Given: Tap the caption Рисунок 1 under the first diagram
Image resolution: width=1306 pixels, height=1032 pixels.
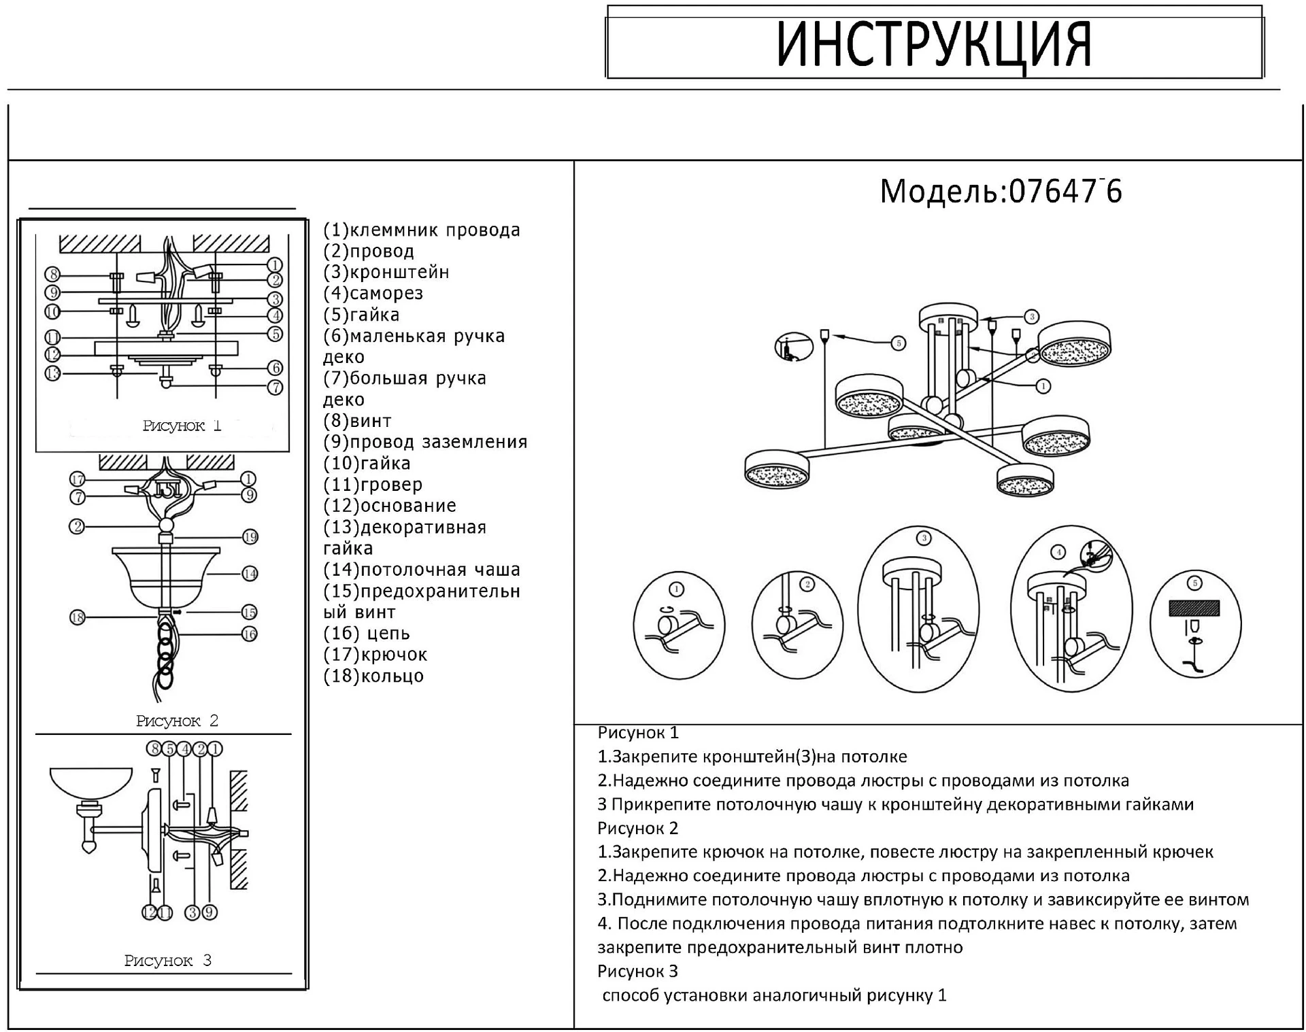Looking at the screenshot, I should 182,426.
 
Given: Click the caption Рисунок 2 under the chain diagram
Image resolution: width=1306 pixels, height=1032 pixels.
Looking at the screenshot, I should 177,721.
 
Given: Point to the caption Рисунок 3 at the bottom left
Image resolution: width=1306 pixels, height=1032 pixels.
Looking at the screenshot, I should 168,961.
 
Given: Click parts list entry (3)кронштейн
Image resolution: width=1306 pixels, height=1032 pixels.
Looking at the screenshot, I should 386,272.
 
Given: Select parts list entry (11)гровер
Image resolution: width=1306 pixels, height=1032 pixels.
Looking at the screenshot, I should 373,485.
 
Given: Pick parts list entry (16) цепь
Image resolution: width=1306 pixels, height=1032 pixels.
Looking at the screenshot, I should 367,634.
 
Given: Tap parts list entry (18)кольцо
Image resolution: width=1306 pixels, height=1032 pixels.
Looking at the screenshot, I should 373,676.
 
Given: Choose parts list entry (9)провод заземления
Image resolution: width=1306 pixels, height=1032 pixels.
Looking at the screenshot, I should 425,442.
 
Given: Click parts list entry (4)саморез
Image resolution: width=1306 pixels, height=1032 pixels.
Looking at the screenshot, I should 373,293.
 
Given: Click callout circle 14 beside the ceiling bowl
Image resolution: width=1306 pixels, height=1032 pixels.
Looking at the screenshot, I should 250,573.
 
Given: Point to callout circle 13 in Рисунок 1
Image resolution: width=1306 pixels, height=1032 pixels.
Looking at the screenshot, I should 53,373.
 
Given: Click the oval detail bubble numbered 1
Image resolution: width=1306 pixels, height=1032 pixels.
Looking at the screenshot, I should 678,625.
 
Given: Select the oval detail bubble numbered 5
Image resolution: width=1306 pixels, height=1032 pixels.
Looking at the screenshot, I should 1195,624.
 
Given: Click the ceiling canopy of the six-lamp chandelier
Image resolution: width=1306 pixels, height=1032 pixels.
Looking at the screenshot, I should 948,317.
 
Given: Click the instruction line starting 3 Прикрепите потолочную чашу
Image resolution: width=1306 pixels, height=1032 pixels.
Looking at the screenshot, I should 895,804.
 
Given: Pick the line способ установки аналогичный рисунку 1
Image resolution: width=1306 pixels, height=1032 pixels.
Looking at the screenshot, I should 774,995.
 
